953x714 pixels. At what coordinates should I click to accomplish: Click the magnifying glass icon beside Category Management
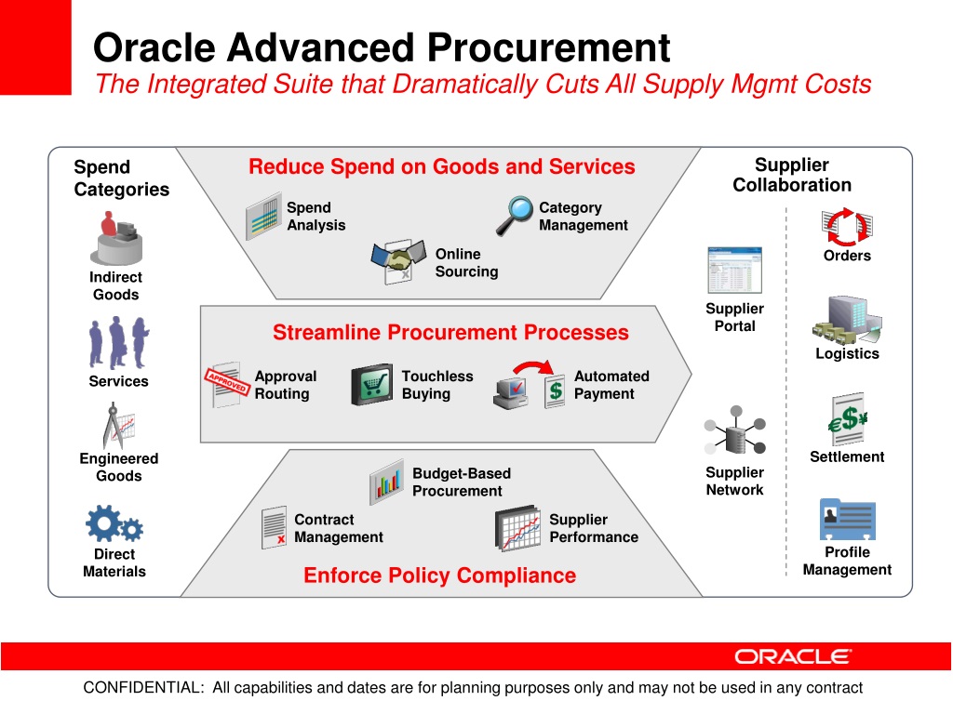click(x=514, y=215)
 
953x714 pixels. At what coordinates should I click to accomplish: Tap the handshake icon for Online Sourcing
click(x=398, y=261)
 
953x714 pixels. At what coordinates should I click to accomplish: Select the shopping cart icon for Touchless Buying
click(x=372, y=384)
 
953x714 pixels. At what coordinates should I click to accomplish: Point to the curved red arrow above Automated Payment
click(x=533, y=366)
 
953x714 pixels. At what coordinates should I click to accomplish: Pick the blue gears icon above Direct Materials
click(x=114, y=524)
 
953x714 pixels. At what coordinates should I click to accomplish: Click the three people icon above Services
click(x=119, y=343)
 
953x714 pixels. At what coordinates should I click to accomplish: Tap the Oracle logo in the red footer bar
click(x=793, y=656)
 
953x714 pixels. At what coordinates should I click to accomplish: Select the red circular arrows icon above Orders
click(x=847, y=227)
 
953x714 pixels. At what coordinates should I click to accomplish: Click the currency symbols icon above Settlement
click(x=848, y=419)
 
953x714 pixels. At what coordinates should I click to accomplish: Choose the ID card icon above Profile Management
click(x=847, y=519)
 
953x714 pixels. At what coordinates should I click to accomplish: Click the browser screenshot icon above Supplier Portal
click(x=735, y=271)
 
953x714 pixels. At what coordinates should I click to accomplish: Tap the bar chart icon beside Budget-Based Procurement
click(x=386, y=483)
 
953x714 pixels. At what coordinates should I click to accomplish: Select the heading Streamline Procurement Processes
click(x=450, y=332)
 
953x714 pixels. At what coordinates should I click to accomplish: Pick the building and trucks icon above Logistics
click(x=847, y=320)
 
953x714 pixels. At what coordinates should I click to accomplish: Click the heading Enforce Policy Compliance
click(x=439, y=575)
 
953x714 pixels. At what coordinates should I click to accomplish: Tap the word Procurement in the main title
click(x=548, y=48)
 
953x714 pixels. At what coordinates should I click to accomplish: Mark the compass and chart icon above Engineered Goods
click(x=118, y=425)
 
